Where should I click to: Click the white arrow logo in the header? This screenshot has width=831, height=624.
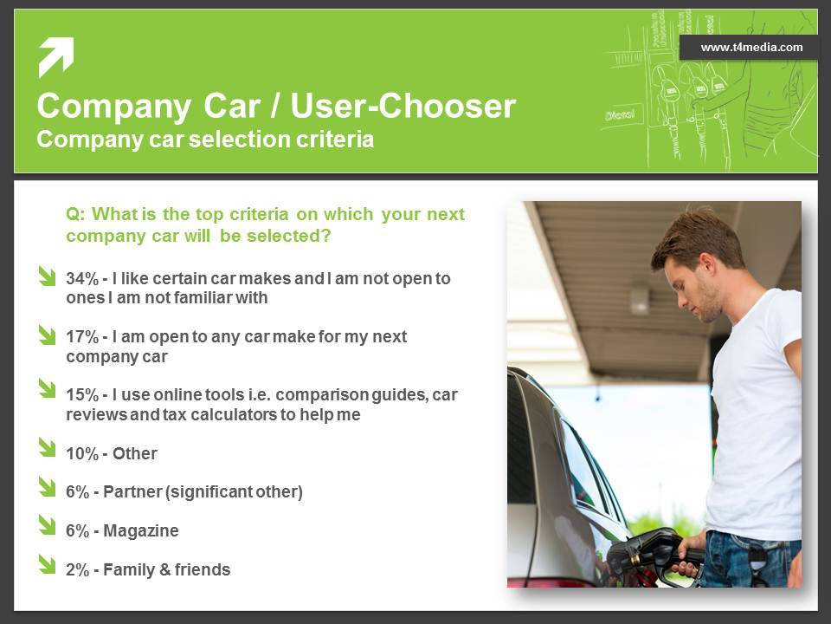pos(56,56)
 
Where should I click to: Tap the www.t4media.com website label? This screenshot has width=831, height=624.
pos(751,47)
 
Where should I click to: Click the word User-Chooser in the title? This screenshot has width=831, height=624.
pos(403,106)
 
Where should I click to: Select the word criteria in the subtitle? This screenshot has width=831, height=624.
pos(335,140)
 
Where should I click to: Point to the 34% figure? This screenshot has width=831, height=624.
pos(82,278)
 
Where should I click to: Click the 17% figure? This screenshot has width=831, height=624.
pos(82,337)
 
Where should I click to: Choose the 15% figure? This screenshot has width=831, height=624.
pos(82,395)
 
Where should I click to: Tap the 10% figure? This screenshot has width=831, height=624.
pos(82,453)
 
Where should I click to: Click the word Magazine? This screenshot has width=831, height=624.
pos(141,530)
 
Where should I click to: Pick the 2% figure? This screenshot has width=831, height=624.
pos(77,570)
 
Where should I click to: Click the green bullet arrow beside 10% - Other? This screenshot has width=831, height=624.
pos(47,447)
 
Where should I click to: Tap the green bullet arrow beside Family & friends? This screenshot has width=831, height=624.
pos(47,564)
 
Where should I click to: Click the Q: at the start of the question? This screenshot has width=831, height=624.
pos(75,214)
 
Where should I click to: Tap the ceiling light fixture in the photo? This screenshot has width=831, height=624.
pos(639,301)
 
